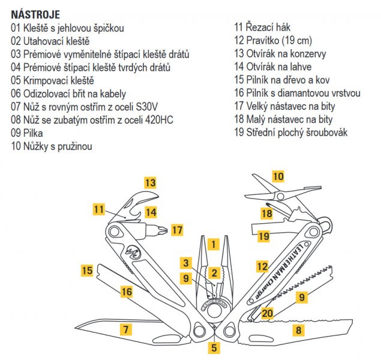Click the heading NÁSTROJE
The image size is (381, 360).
(x=35, y=13)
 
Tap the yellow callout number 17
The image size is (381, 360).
(x=176, y=230)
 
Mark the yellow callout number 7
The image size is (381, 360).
(x=125, y=328)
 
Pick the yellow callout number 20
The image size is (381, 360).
(x=267, y=312)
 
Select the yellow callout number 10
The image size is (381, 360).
(x=278, y=176)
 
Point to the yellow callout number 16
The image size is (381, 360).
(x=126, y=292)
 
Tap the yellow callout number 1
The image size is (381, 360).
(x=212, y=244)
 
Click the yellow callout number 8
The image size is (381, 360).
(x=298, y=329)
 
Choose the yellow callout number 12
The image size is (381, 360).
(x=262, y=266)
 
